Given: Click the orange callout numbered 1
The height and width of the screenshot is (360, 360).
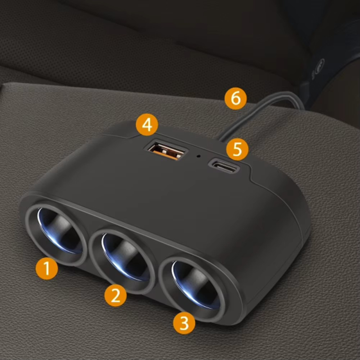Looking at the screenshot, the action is (47, 268).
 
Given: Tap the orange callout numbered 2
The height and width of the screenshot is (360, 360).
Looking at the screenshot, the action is (116, 295).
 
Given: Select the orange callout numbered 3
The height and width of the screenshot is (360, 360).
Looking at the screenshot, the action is (184, 323).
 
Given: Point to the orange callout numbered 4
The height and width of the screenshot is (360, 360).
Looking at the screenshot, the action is (147, 125).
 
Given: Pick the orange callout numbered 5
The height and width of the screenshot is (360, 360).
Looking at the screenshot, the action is (237, 149).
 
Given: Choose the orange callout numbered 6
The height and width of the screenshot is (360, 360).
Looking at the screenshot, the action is (235, 99).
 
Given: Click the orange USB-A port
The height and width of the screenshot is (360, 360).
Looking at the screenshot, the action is (166, 151).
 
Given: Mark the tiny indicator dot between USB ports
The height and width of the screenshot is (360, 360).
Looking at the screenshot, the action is (198, 156).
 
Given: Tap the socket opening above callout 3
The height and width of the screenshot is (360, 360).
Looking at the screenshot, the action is (196, 285).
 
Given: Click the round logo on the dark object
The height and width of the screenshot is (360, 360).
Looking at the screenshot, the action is (319, 67).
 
